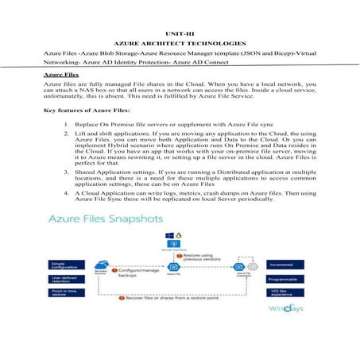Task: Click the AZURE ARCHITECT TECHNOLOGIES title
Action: [180, 41]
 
